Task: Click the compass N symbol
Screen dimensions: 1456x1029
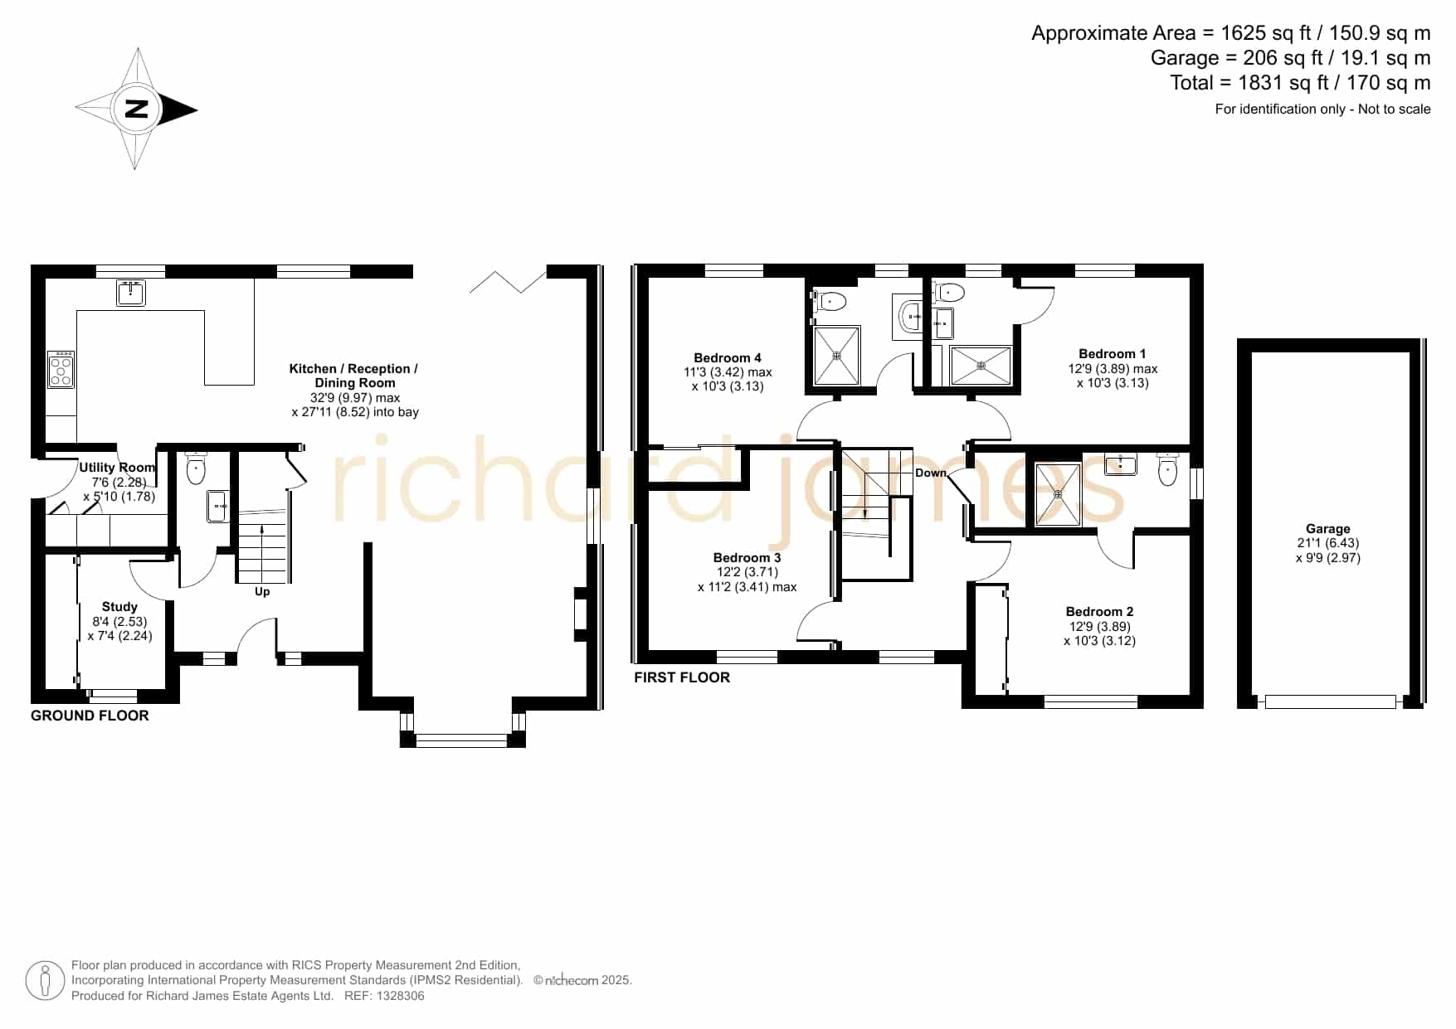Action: pyautogui.click(x=136, y=109)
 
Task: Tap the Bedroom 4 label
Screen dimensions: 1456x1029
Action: pyautogui.click(x=728, y=358)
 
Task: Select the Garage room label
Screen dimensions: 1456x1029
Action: pyautogui.click(x=1327, y=529)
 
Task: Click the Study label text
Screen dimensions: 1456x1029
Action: pyautogui.click(x=119, y=607)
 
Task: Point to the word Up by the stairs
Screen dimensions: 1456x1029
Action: pyautogui.click(x=262, y=591)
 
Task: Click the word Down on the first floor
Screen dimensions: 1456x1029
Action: pyautogui.click(x=931, y=473)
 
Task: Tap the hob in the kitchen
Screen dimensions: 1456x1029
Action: pyautogui.click(x=61, y=370)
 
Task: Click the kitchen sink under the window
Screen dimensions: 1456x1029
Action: pyautogui.click(x=131, y=293)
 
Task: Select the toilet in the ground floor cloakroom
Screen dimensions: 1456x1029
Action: pyautogui.click(x=196, y=468)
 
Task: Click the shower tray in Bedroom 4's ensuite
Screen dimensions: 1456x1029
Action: pyautogui.click(x=837, y=356)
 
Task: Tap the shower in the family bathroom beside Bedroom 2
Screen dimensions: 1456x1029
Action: pyautogui.click(x=1058, y=494)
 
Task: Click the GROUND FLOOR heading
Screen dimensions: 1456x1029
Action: pyautogui.click(x=90, y=716)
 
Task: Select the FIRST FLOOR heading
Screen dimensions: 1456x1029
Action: pyautogui.click(x=682, y=677)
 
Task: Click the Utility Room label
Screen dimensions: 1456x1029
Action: pyautogui.click(x=117, y=468)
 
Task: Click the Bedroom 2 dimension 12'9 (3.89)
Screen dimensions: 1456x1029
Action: pyautogui.click(x=1099, y=627)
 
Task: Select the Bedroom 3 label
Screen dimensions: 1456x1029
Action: pyautogui.click(x=747, y=558)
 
